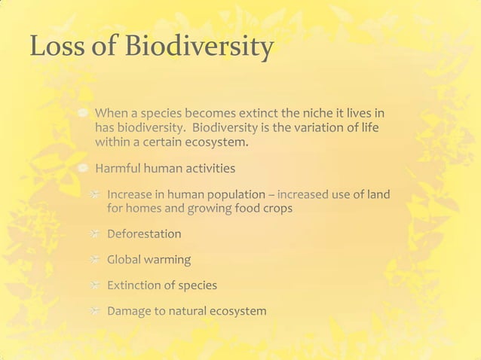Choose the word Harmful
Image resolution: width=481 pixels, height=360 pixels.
coord(118,167)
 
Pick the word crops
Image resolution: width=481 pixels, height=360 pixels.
coord(275,208)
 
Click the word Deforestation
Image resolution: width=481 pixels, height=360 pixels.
coord(144,233)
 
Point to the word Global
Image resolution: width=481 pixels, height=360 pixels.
coord(126,259)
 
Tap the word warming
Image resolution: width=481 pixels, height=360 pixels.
coord(169,260)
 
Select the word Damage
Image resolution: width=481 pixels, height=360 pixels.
coord(130,311)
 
